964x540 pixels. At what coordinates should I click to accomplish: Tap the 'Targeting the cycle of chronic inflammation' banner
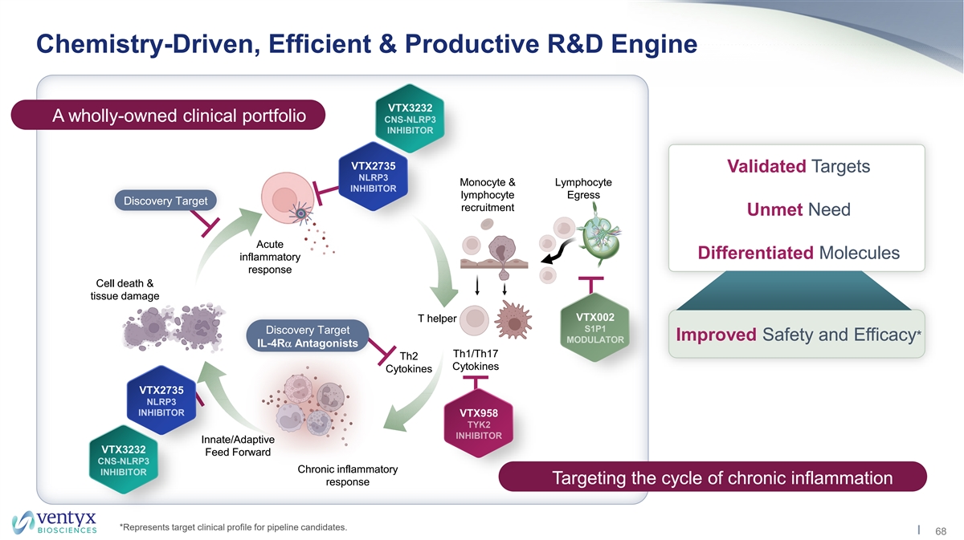point(713,478)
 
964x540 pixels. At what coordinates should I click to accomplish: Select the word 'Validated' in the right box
point(766,167)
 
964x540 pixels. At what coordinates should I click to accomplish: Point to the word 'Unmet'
point(774,210)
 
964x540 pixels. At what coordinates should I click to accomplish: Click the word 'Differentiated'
point(755,254)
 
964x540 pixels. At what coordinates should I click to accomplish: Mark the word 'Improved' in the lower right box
point(715,335)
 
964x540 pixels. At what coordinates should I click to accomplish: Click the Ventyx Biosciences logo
point(55,521)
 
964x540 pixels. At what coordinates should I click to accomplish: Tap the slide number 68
point(941,531)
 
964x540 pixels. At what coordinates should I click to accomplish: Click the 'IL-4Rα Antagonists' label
point(307,343)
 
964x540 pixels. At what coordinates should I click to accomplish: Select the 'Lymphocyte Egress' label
point(583,189)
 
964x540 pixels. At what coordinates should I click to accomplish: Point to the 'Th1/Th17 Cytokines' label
point(476,360)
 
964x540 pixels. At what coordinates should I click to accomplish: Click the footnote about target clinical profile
point(233,527)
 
